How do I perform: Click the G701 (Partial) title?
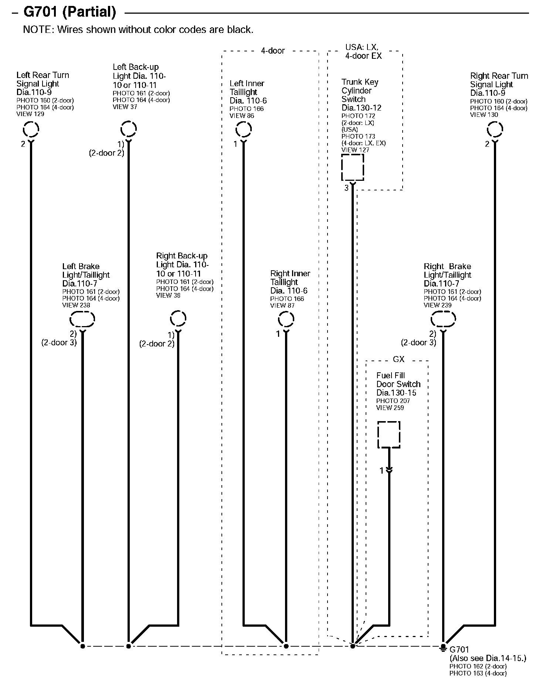coord(69,12)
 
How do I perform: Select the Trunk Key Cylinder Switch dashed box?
coord(352,167)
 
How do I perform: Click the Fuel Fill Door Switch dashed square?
coord(389,434)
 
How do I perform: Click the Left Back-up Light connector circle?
coord(128,129)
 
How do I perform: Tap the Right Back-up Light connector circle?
coord(178,318)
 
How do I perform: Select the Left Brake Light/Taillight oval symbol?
coord(82,319)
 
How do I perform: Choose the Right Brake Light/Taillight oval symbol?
coord(443,319)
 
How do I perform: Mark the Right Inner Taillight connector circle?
coord(286,319)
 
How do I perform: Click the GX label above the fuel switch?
coord(398,359)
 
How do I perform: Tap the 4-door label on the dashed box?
coord(273,51)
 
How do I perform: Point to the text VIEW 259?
coord(390,408)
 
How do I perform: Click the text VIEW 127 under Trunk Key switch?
coord(355,150)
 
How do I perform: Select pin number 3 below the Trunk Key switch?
coord(346,188)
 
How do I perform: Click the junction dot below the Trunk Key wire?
coord(353,646)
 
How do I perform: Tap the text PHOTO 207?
coord(393,401)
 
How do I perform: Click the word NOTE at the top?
coord(38,30)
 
